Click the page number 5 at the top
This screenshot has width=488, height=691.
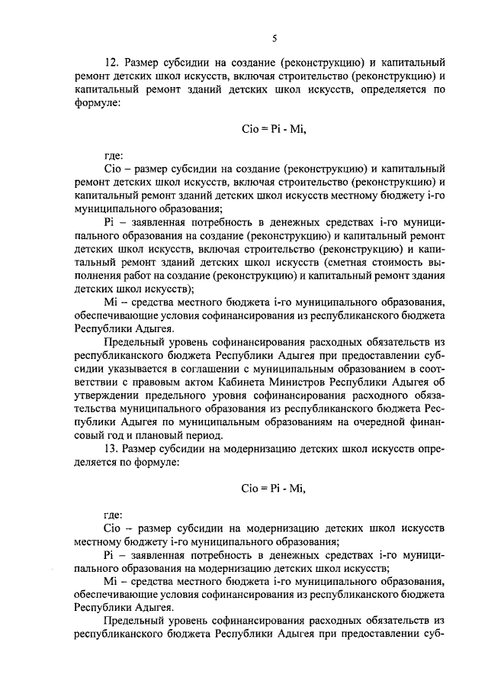point(274,37)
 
